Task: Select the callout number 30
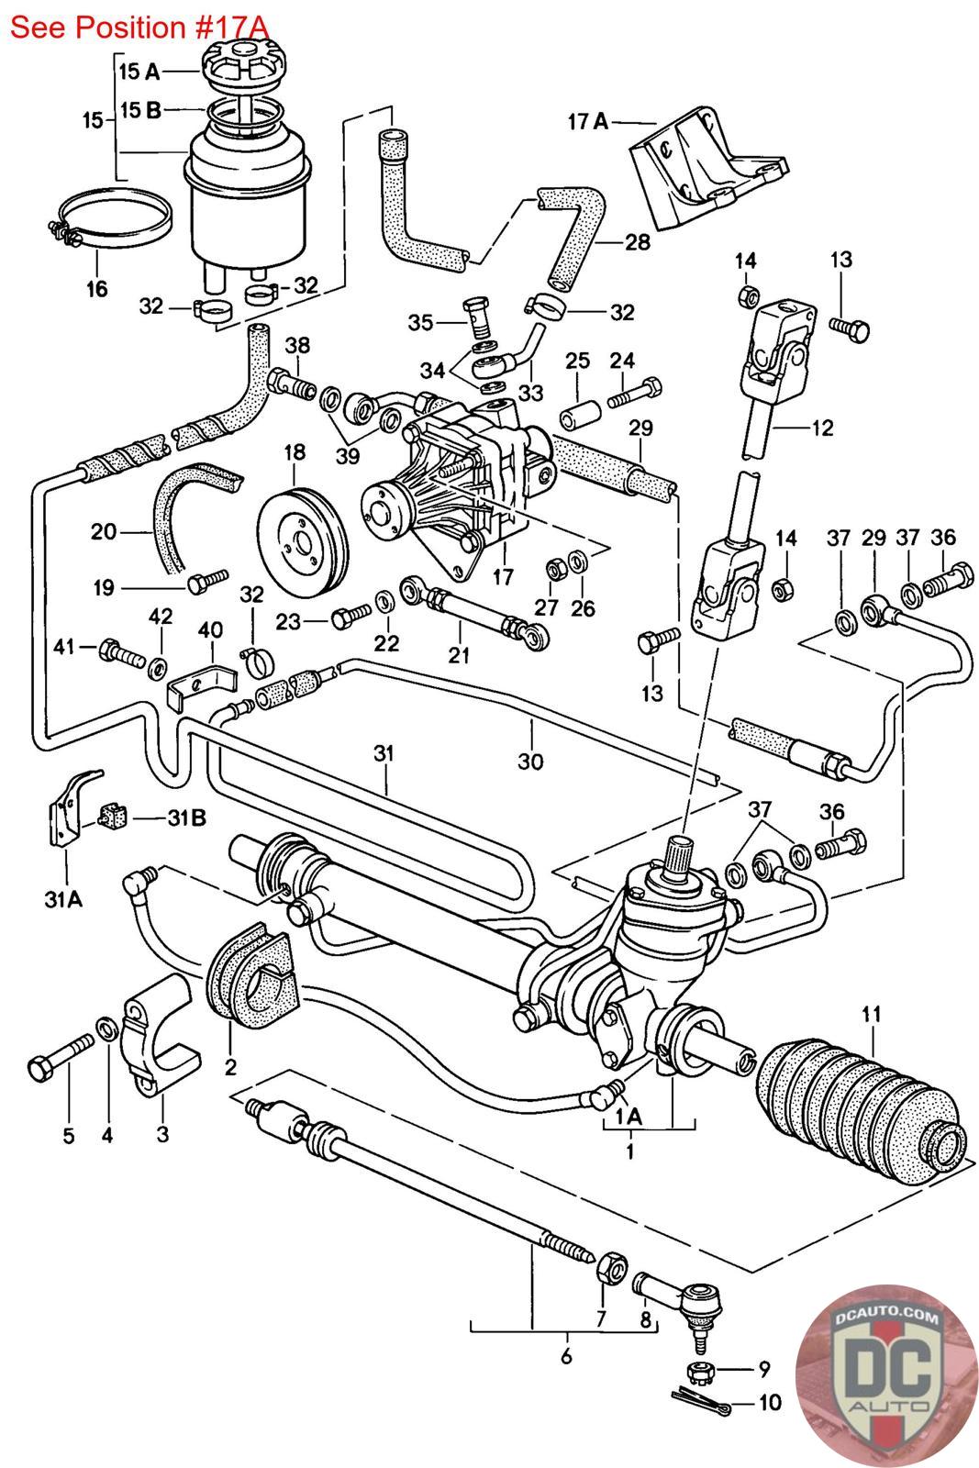coord(530,761)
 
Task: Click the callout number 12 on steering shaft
coord(821,427)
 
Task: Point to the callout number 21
coord(459,654)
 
